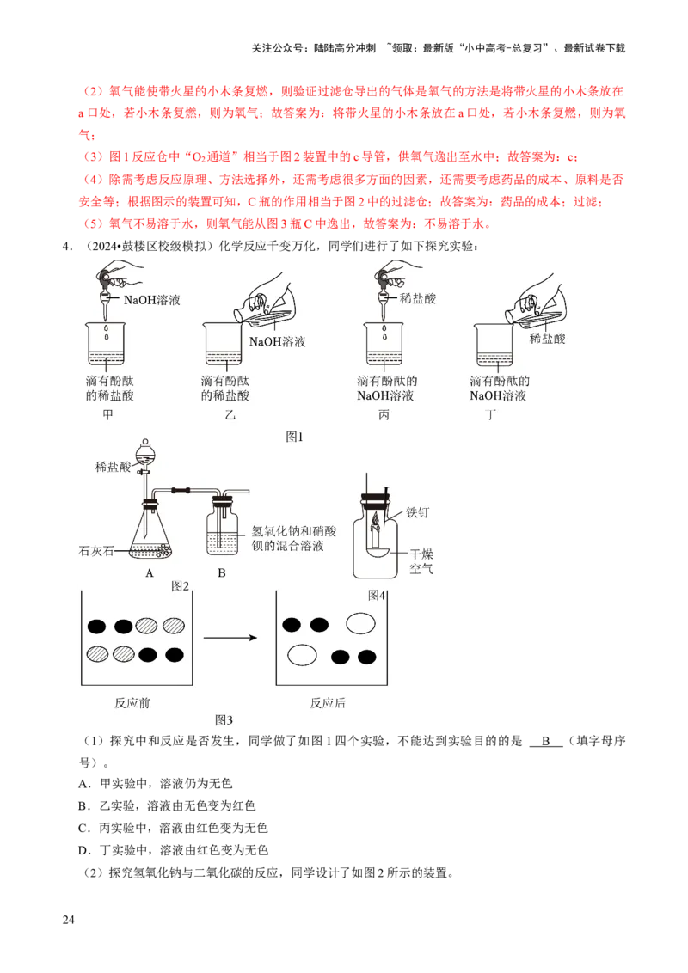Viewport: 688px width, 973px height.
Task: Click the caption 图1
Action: click(x=295, y=437)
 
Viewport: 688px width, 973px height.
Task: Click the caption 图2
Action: click(x=180, y=586)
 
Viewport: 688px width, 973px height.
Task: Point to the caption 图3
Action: click(x=224, y=720)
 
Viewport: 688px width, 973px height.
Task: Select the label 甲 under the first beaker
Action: click(x=107, y=415)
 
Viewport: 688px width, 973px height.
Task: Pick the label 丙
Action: click(x=384, y=415)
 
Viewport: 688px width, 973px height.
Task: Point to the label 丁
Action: click(x=491, y=415)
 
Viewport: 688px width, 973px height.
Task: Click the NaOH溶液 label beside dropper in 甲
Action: click(x=152, y=300)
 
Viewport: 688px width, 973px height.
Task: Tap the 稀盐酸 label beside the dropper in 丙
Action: click(x=418, y=299)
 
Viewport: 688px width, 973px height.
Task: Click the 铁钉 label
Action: click(x=417, y=512)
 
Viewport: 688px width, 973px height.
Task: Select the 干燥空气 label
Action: click(x=421, y=561)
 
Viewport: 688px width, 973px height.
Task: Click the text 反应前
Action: click(x=132, y=702)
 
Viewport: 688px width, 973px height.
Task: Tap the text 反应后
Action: click(x=328, y=702)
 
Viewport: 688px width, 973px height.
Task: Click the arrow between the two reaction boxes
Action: click(x=230, y=638)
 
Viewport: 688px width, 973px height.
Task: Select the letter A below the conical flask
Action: click(x=150, y=573)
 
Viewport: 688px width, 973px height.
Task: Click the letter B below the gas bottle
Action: click(x=221, y=573)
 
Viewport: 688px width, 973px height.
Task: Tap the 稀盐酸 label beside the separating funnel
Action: click(x=114, y=468)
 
